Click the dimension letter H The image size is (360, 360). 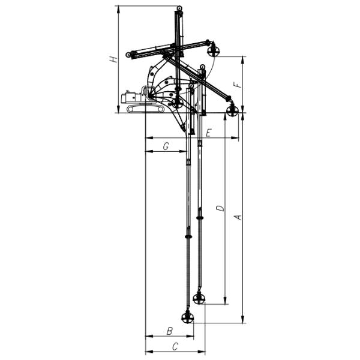click(x=112, y=59)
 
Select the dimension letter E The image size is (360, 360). click(x=208, y=133)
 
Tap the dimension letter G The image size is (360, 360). click(x=166, y=145)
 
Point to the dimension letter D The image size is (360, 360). click(x=220, y=209)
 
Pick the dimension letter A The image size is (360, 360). click(x=238, y=217)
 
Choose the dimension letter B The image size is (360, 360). click(x=169, y=331)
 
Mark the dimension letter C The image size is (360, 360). click(x=175, y=346)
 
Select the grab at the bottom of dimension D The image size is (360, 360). click(x=199, y=298)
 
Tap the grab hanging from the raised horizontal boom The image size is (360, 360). click(x=212, y=52)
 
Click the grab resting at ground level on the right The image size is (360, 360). click(x=233, y=109)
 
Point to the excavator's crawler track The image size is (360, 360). click(x=145, y=109)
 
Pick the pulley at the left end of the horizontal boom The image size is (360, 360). click(x=128, y=55)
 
